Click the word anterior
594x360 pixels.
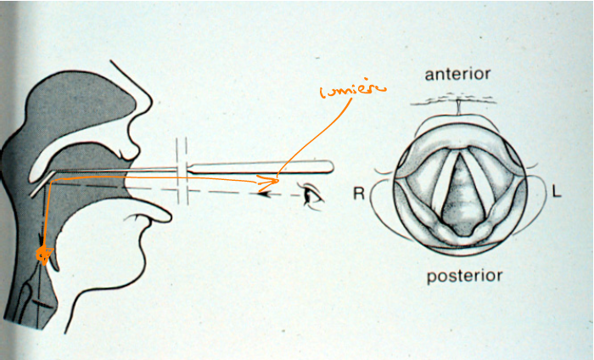[458, 75]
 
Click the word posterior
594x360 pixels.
[465, 275]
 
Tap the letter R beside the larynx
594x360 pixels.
[358, 194]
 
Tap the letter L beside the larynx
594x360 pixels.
[556, 193]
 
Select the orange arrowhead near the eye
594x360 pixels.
[273, 180]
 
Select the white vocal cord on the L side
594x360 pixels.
[482, 183]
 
